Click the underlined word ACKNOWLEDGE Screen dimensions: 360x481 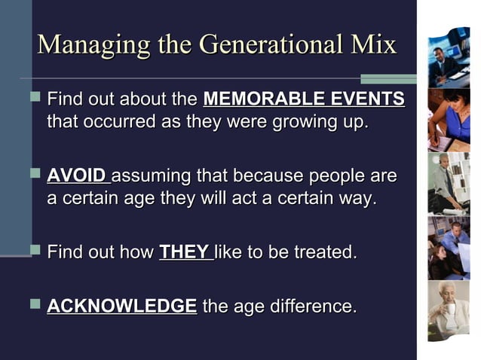click(121, 307)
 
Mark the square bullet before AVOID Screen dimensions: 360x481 click(33, 175)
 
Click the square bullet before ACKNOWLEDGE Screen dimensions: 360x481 click(33, 305)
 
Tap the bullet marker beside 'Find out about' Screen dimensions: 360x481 click(33, 98)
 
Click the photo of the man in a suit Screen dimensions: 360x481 click(449, 57)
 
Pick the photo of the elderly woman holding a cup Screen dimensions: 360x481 click(449, 310)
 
